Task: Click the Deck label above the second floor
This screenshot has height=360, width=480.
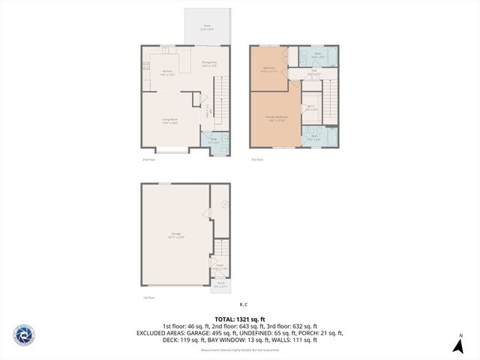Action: pyautogui.click(x=208, y=27)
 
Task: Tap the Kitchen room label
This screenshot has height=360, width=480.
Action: pyautogui.click(x=167, y=73)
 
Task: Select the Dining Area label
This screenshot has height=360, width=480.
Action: pyautogui.click(x=209, y=64)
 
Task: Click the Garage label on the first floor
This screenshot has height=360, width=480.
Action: pyautogui.click(x=176, y=236)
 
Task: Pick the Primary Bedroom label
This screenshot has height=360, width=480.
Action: pyautogui.click(x=276, y=118)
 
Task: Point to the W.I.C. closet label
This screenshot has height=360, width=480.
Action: pyautogui.click(x=310, y=108)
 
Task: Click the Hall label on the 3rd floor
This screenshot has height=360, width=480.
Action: pyautogui.click(x=315, y=73)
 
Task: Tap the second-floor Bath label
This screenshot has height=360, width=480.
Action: pyautogui.click(x=213, y=140)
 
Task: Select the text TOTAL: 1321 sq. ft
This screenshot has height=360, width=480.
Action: pyautogui.click(x=239, y=318)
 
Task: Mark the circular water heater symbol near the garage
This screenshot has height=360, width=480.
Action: pyautogui.click(x=223, y=203)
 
